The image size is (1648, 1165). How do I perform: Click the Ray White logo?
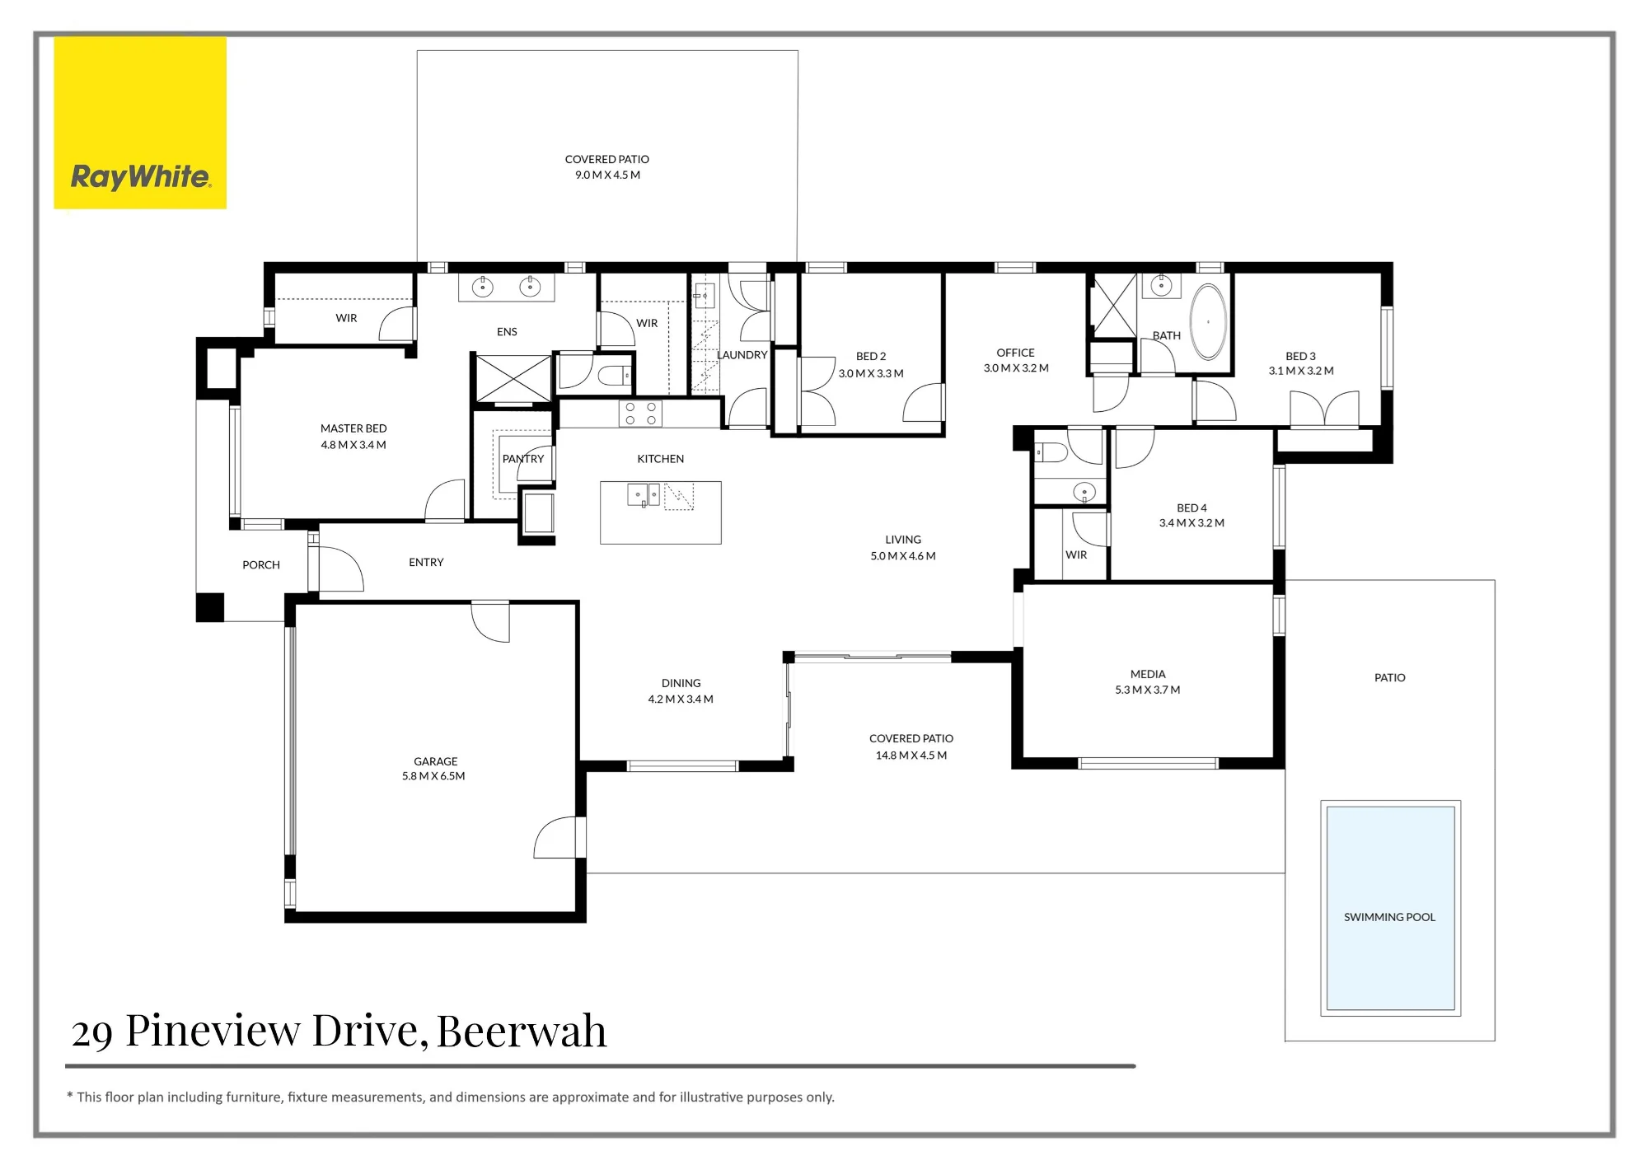pos(140,123)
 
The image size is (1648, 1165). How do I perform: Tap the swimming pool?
pos(1390,908)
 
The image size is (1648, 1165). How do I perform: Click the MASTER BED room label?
pos(353,428)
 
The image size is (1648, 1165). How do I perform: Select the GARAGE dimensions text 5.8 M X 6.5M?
pos(433,776)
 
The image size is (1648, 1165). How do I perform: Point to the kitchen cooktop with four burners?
pos(640,414)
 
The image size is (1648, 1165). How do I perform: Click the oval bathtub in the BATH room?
pos(1209,322)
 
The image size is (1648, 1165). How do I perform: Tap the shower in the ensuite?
pos(513,379)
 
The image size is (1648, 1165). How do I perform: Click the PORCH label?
pos(261,565)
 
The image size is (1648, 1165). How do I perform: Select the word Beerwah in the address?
pos(522,1031)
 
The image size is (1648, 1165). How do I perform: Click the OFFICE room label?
pos(1015,353)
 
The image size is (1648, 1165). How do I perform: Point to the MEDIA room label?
pos(1148,674)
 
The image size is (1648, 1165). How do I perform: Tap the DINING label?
pos(681,683)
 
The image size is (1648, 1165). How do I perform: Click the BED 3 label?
pos(1300,357)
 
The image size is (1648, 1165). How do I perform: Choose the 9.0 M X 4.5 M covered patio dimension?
pos(607,175)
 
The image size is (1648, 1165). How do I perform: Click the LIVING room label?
pos(903,540)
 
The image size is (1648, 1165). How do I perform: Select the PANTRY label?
pos(523,459)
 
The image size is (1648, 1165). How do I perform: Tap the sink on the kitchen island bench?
pos(644,494)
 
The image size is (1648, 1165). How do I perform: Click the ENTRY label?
pos(426,563)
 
